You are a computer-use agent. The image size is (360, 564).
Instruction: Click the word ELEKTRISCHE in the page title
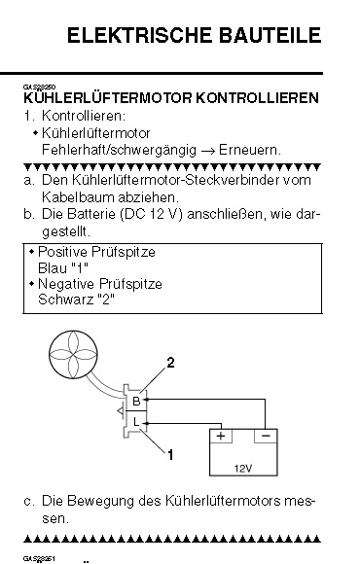[143, 37]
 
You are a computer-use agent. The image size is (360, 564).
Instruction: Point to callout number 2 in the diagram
[169, 363]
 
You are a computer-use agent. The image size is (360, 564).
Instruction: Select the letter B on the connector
[137, 401]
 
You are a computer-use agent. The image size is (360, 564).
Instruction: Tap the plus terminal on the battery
[222, 436]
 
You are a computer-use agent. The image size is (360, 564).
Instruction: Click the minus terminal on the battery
[266, 436]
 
